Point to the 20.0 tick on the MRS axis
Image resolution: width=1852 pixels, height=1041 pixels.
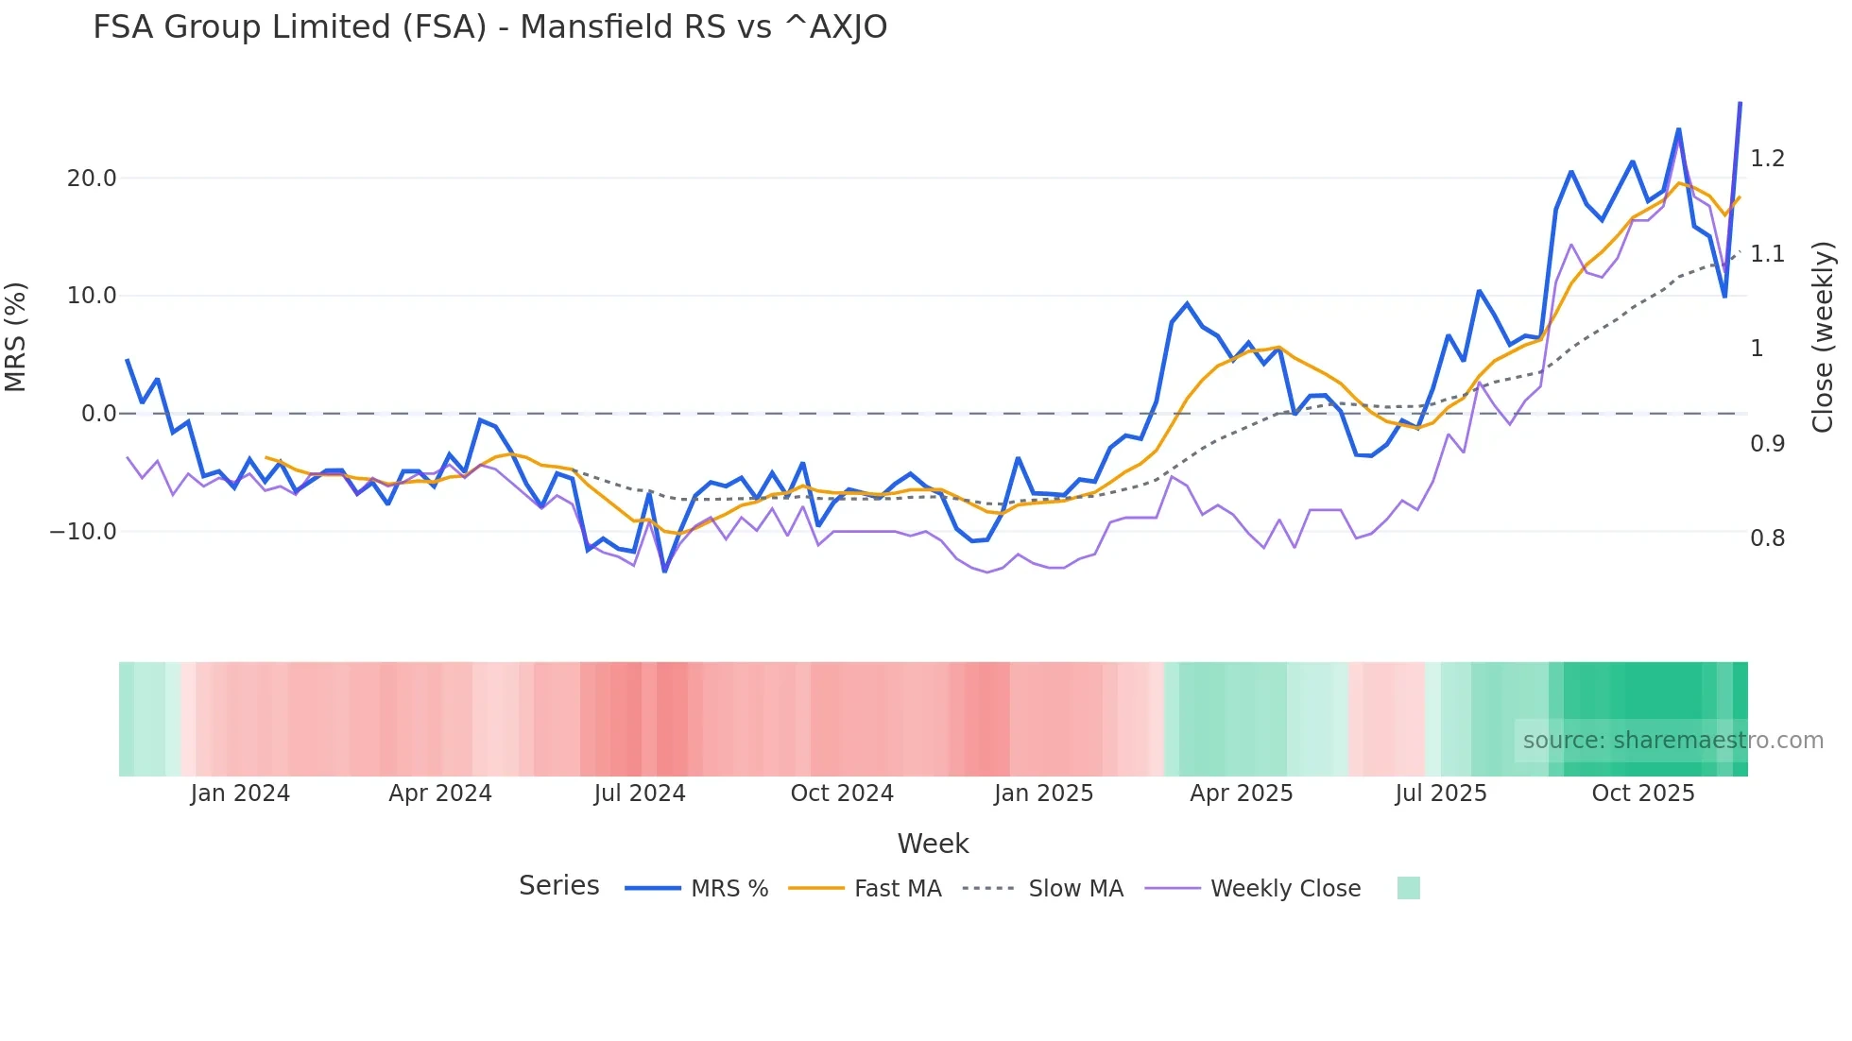[x=92, y=179]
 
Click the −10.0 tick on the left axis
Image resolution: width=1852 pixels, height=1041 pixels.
[x=83, y=532]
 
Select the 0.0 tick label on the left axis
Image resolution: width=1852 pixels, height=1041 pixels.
[x=99, y=414]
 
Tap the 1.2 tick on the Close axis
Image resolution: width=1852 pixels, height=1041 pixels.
[x=1767, y=159]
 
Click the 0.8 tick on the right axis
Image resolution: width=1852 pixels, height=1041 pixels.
[x=1767, y=538]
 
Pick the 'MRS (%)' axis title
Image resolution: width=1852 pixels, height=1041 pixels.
[x=16, y=336]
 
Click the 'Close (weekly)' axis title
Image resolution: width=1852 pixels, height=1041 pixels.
[x=1823, y=336]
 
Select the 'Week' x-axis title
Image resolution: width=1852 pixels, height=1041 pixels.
[x=933, y=844]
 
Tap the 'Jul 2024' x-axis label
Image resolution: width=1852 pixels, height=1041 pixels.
[x=640, y=794]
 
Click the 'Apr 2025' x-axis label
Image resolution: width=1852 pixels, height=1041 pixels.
[x=1241, y=794]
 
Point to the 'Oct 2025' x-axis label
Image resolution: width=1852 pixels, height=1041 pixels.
[x=1643, y=794]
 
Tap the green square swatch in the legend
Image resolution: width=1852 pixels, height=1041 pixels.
[x=1408, y=888]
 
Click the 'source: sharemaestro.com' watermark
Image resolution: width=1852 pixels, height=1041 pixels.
[x=1672, y=741]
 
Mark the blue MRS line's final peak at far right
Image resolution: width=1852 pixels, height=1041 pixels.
[x=1741, y=103]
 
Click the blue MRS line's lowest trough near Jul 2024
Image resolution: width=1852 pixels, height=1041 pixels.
[x=665, y=571]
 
